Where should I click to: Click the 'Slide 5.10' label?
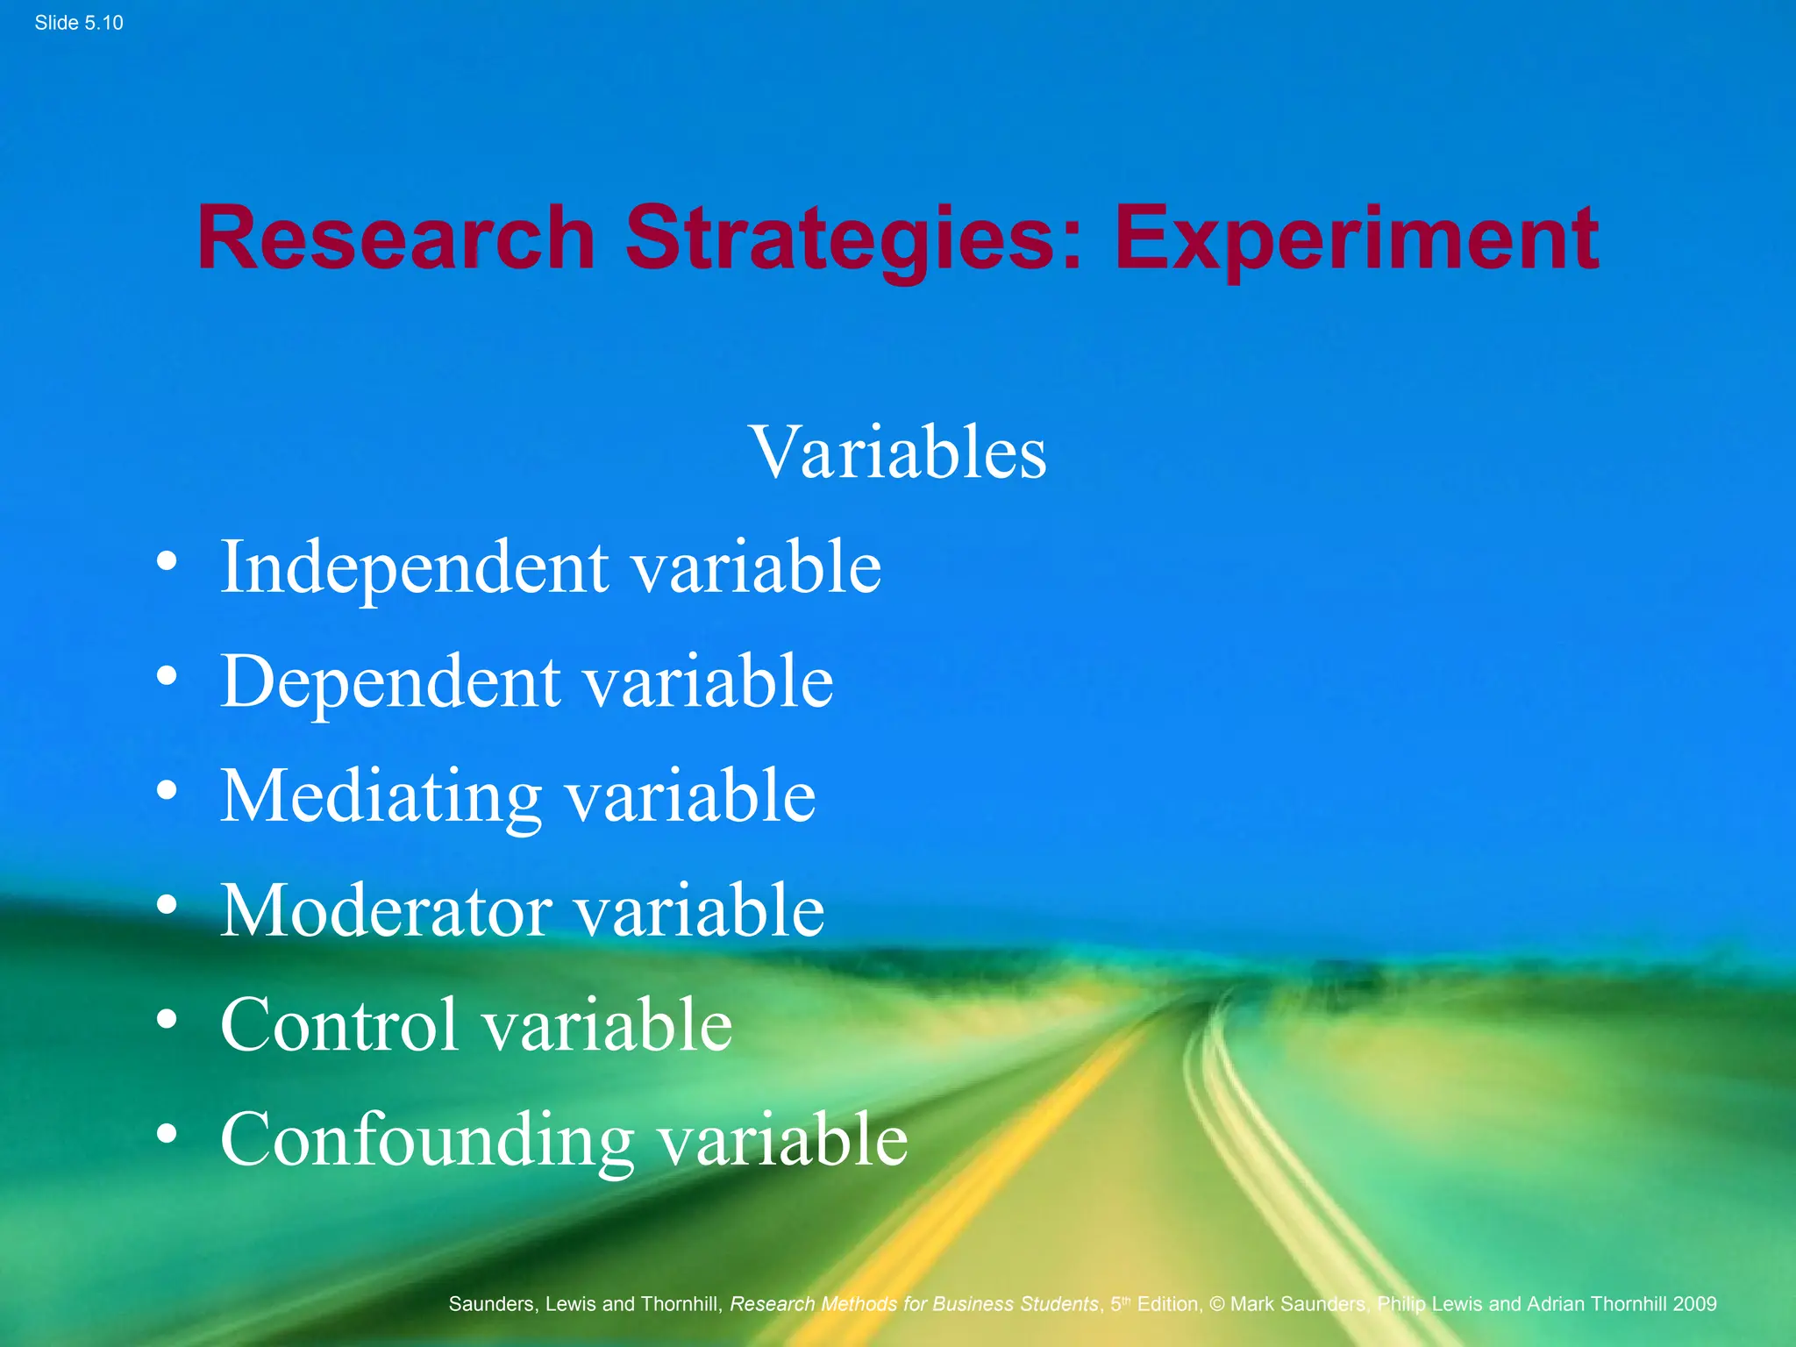(x=79, y=23)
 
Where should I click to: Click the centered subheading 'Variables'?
(x=898, y=453)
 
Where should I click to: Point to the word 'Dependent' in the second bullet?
(x=390, y=681)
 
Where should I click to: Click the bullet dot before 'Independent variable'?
(x=167, y=561)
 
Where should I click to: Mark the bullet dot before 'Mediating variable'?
(x=167, y=790)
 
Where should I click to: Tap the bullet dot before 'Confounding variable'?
(x=167, y=1134)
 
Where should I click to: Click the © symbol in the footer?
(x=1216, y=1304)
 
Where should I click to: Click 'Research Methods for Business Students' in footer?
(x=914, y=1304)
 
